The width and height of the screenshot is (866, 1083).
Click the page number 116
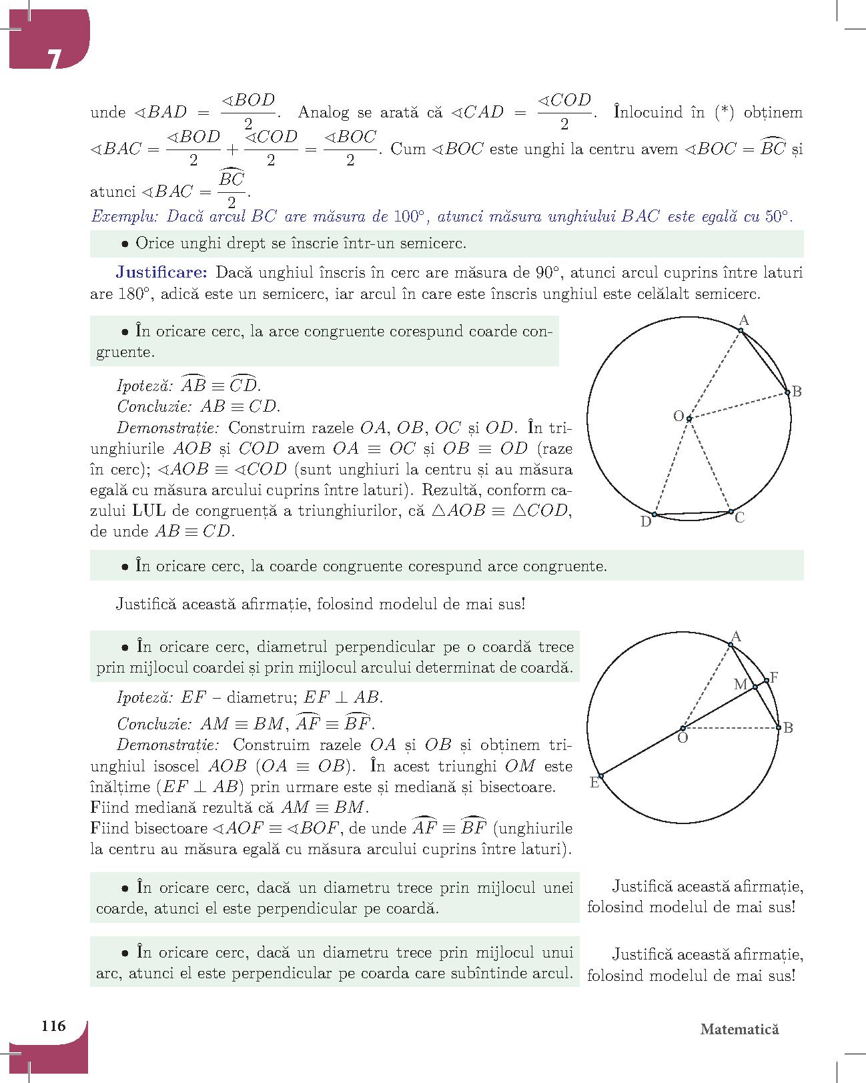point(53,1026)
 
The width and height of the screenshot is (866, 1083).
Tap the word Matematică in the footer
point(739,1029)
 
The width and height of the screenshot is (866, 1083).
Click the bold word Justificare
point(163,272)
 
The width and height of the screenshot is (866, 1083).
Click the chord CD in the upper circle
point(692,514)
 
